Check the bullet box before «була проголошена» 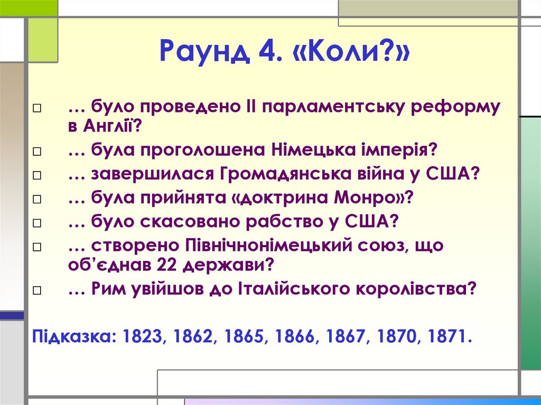click(36, 152)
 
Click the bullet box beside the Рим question click(36, 290)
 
